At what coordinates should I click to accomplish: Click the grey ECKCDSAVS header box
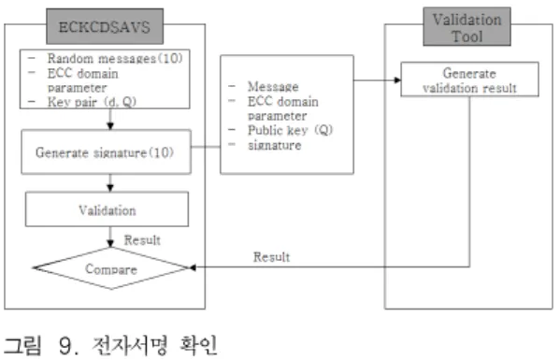pos(105,26)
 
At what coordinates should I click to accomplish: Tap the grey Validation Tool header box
pos(467,27)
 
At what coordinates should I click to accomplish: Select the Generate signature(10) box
pos(106,151)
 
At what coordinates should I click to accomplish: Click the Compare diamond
pos(111,268)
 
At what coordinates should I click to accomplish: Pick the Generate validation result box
pos(469,79)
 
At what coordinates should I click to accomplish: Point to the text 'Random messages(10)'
pos(115,58)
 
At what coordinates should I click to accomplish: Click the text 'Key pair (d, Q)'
pos(92,102)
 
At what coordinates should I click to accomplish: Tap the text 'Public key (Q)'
pos(290,130)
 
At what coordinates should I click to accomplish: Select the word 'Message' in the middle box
pos(273,87)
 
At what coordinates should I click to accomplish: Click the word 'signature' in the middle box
pos(275,145)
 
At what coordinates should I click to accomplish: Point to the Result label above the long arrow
pos(271,257)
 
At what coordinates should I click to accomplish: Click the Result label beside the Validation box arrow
pos(142,240)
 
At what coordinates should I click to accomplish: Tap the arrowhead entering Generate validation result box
pos(397,80)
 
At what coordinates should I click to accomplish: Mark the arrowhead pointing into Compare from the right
pos(193,267)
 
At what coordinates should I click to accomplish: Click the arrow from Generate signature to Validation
pos(110,183)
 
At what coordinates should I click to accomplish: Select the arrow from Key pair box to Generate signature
pos(110,120)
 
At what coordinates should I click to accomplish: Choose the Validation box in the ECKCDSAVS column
pos(108,209)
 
